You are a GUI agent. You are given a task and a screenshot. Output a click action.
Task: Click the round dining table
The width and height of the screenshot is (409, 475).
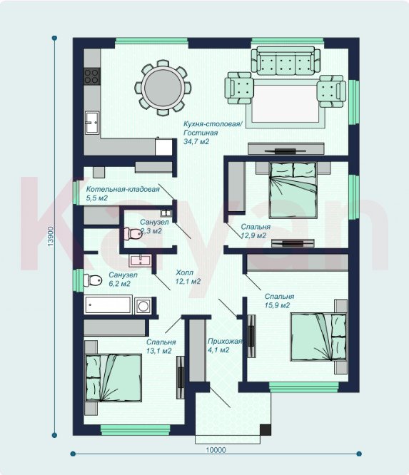163,88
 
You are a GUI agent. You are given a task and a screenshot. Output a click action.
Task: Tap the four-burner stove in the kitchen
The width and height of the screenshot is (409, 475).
91,76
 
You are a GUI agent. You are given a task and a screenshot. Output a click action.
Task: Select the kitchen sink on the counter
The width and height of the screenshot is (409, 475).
92,123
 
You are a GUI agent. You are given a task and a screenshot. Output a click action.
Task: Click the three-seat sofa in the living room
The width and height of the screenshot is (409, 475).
286,61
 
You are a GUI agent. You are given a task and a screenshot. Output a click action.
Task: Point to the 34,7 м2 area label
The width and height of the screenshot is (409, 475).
196,141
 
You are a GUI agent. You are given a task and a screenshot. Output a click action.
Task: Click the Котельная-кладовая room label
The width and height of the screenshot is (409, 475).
123,189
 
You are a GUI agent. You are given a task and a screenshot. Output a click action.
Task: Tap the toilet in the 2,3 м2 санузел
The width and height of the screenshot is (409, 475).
133,233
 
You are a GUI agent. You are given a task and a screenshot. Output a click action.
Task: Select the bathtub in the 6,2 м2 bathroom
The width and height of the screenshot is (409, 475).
108,305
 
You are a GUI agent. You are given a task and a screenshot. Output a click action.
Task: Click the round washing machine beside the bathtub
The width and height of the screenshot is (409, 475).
143,306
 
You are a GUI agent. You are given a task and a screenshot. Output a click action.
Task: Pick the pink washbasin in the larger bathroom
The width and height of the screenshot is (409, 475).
141,260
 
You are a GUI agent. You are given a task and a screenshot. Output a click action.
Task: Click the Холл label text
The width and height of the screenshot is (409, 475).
184,272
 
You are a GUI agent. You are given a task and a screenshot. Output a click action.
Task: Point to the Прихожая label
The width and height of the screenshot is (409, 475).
225,342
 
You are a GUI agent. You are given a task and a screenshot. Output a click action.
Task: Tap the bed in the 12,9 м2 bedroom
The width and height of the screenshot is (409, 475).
293,190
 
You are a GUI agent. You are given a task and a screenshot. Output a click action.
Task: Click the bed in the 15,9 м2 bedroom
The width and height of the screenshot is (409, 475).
318,337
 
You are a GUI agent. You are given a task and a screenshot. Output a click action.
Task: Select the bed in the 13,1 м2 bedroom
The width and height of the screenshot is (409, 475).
113,377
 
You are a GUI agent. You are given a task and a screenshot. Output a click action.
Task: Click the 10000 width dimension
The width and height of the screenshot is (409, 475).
216,450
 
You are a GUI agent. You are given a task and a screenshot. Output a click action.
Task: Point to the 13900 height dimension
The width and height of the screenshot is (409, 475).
51,236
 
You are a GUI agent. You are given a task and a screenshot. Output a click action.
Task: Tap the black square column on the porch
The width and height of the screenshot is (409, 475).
266,430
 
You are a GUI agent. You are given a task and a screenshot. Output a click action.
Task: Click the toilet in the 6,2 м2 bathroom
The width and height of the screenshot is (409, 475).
93,280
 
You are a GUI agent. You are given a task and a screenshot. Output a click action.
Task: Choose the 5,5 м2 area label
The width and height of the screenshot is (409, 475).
97,198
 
